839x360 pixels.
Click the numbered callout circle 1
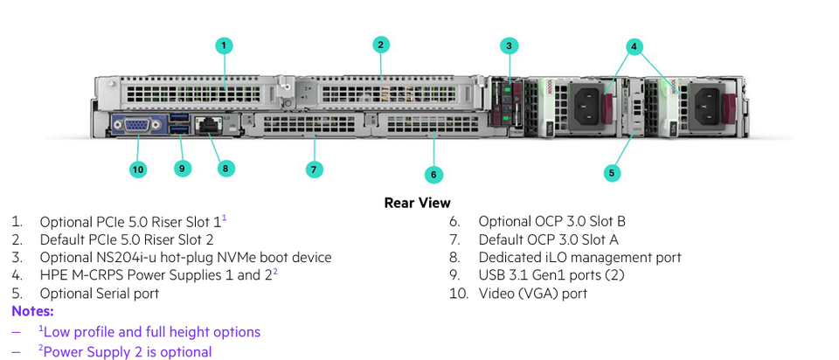coord(224,45)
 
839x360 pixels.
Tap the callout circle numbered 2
coord(380,45)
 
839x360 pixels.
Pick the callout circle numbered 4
coord(635,45)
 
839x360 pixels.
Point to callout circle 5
coord(612,172)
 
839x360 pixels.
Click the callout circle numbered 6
coord(433,174)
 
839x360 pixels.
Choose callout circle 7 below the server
coord(315,169)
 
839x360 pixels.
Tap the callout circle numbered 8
coord(225,168)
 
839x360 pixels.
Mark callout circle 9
coord(182,168)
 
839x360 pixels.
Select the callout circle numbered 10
coord(138,169)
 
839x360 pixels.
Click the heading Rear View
coord(418,203)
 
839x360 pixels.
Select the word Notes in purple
coord(32,311)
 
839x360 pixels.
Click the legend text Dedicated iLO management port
coord(579,258)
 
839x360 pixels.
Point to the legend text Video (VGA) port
coord(533,294)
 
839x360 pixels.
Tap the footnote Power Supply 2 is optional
coord(127,351)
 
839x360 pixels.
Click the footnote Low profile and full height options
coord(151,332)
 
